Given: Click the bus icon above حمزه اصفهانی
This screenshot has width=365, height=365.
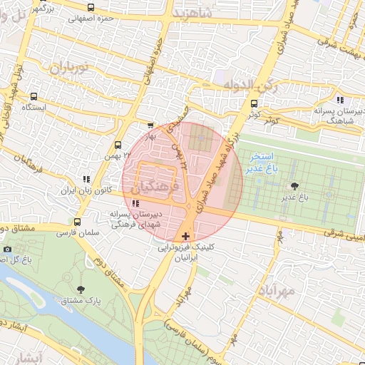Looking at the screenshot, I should [x=89, y=7].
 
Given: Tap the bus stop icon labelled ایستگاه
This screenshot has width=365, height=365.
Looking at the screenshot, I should [x=34, y=96].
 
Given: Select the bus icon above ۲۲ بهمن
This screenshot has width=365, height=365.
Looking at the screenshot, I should [x=117, y=143].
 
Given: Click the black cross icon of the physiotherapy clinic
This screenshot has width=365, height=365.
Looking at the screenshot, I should [x=186, y=235].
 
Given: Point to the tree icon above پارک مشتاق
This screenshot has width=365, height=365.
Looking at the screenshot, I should [x=80, y=289].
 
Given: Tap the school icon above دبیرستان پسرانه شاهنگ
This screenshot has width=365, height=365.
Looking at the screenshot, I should [x=340, y=100].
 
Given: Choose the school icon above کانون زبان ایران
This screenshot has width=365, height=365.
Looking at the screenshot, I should [x=86, y=180].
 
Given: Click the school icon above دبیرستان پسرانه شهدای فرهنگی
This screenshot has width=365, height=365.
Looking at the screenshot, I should [x=135, y=205].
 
